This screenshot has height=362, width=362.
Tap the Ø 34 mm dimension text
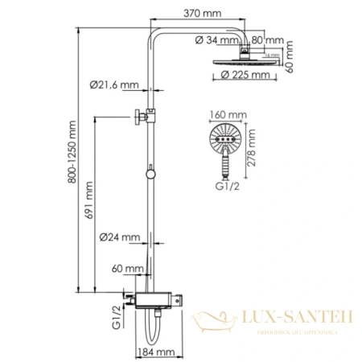coord(215,39)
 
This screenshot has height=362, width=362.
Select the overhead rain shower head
coord(244,62)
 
